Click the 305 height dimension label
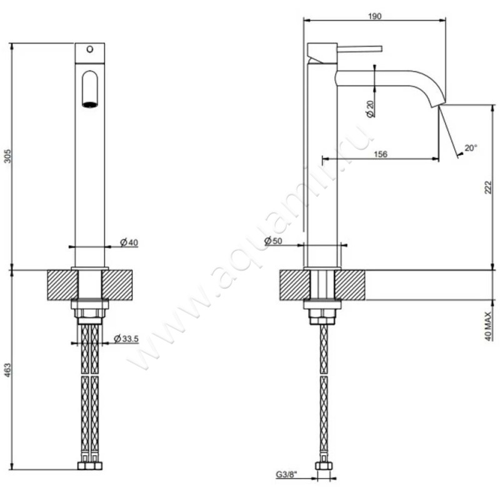pyautogui.click(x=7, y=156)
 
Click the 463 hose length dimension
pyautogui.click(x=7, y=369)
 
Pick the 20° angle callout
pyautogui.click(x=470, y=148)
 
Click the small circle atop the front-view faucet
pyautogui.click(x=89, y=49)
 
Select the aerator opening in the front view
pyautogui.click(x=90, y=104)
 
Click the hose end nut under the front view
pyautogui.click(x=90, y=466)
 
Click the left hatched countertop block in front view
pyautogui.click(x=61, y=284)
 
